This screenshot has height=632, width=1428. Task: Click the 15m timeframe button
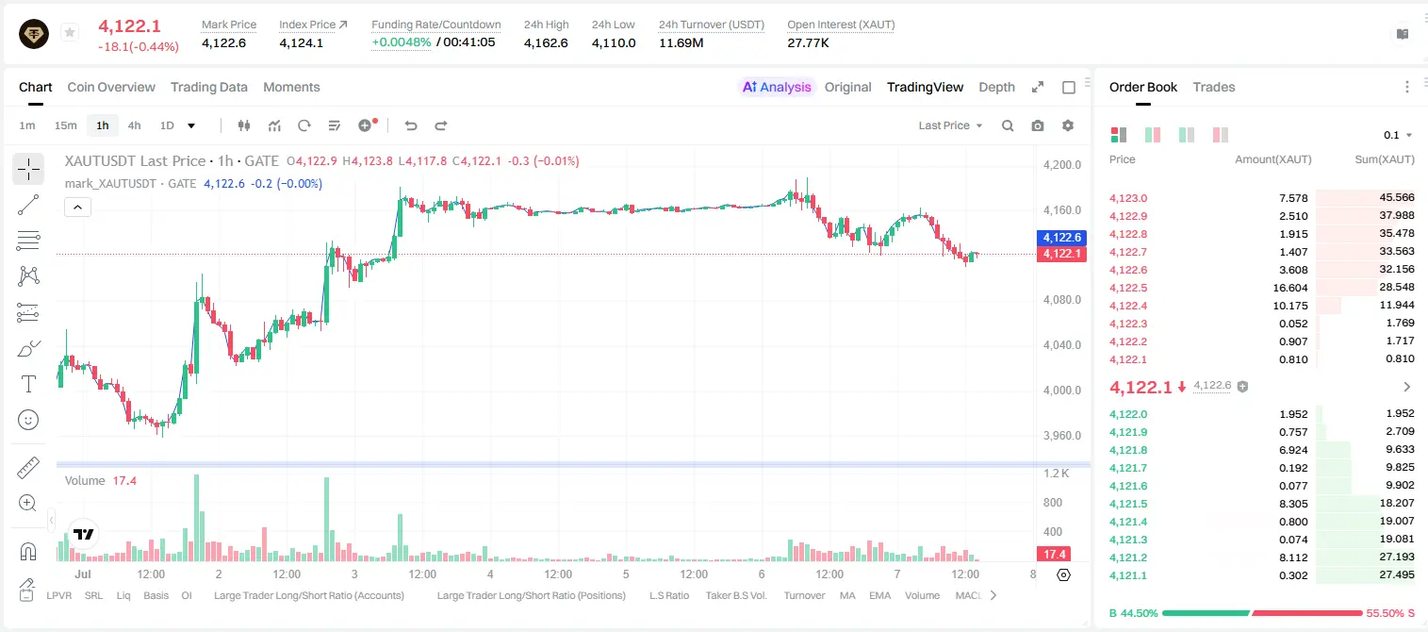point(66,125)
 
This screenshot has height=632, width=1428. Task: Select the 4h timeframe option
point(134,125)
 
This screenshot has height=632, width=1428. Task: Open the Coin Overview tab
point(111,87)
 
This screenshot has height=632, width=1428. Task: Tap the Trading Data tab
point(209,87)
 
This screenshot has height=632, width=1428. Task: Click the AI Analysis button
point(777,87)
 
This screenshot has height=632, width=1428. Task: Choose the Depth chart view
point(996,87)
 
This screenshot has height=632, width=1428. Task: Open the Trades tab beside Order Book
point(1214,87)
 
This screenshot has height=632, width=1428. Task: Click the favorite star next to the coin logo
point(70,32)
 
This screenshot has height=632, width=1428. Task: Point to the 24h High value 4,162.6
point(546,42)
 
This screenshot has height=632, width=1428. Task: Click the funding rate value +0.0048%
point(402,42)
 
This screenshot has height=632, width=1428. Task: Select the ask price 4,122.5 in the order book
point(1127,288)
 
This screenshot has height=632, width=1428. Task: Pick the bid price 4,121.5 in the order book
point(1127,504)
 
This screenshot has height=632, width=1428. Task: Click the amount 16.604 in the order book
point(1290,288)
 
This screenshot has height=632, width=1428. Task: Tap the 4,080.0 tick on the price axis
point(1062,300)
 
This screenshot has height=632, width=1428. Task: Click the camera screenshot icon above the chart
point(1038,125)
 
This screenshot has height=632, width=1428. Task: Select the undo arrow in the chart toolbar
point(411,125)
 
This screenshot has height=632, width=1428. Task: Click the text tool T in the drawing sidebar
point(28,384)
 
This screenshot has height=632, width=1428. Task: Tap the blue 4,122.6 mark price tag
point(1062,238)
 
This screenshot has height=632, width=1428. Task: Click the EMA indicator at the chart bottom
point(879,595)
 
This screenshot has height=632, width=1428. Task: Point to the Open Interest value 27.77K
point(809,42)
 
